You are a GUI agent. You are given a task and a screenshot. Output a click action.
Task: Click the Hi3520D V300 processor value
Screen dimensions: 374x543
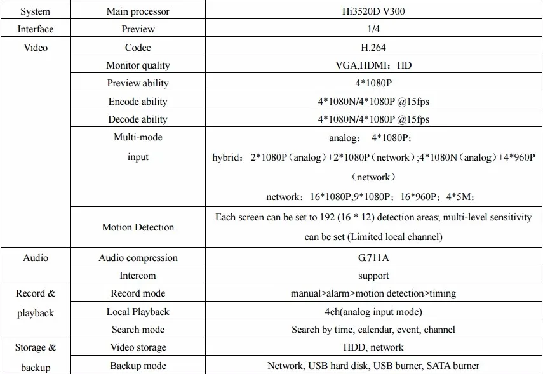[x=373, y=11]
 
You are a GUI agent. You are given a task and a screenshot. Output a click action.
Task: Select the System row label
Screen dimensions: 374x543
[x=35, y=11]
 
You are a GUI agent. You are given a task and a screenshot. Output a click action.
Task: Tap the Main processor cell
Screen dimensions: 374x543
[x=138, y=11]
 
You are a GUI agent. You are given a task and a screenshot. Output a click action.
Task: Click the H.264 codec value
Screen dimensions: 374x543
[x=373, y=48]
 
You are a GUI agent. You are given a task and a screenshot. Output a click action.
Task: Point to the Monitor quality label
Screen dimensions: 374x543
[x=138, y=65]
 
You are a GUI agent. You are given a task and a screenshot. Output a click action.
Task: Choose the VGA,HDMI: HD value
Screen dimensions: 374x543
[x=373, y=65]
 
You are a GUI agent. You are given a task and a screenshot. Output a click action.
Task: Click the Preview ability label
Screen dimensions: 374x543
[x=138, y=83]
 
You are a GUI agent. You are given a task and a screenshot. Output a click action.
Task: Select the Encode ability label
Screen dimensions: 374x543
[x=138, y=102]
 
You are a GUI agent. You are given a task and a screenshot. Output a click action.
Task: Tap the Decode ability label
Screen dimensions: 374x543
[x=138, y=119]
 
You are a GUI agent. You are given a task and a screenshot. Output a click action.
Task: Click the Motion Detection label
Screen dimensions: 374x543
[x=138, y=227]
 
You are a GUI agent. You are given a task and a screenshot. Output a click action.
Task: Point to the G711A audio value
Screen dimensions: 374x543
[x=373, y=258]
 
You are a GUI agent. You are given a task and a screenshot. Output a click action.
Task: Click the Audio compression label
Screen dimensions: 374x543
[x=138, y=258]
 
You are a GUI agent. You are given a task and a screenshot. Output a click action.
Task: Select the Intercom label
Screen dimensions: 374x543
[x=138, y=276]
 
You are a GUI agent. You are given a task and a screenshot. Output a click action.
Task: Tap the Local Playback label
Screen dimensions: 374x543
[x=138, y=312]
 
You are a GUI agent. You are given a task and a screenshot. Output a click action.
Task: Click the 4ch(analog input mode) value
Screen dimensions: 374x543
[x=373, y=312]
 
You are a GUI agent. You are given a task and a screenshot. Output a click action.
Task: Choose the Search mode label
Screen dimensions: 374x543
[x=138, y=330]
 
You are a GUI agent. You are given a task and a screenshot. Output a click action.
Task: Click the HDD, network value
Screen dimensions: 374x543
[x=373, y=347]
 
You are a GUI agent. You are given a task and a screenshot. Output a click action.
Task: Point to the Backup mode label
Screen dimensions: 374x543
[x=138, y=366]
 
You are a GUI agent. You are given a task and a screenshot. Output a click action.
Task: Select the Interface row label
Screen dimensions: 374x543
[x=35, y=29]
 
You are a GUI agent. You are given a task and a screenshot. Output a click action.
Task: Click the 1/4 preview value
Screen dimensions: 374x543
[x=373, y=29]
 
